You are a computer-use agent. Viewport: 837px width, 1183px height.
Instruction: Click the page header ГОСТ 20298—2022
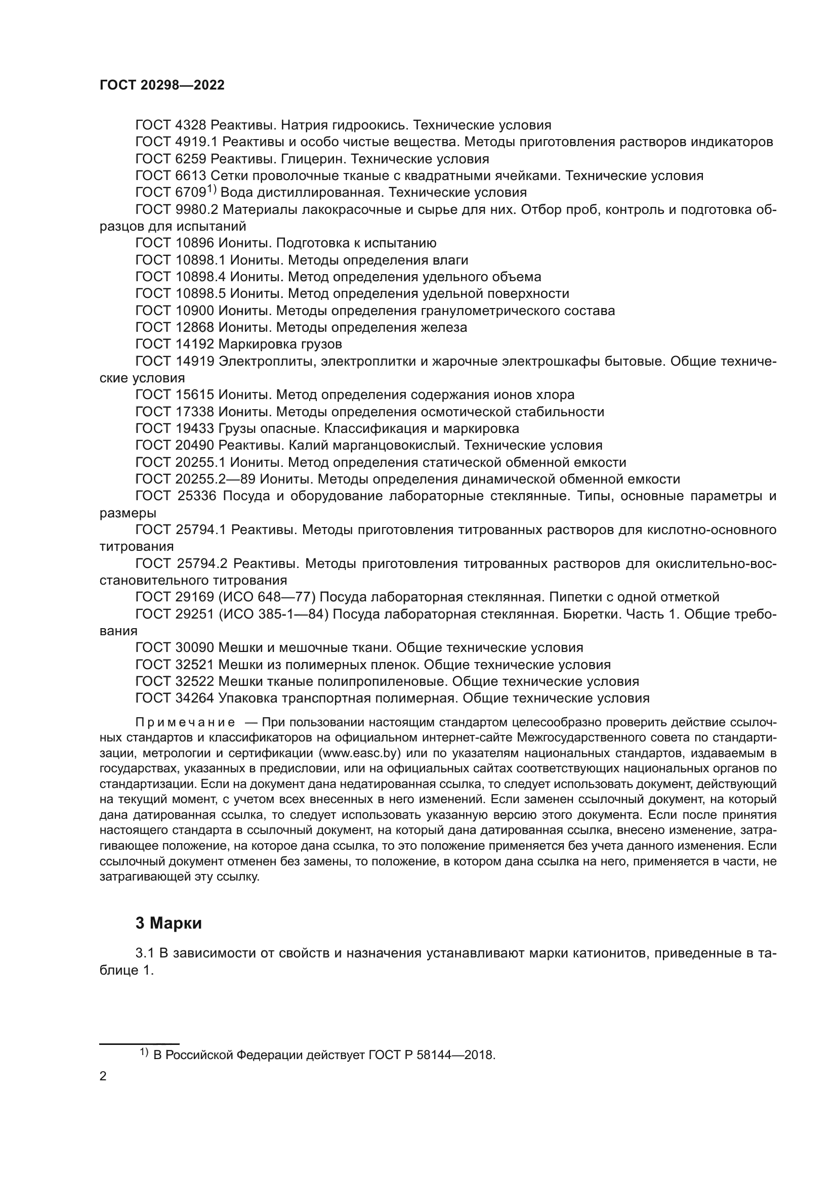(162, 85)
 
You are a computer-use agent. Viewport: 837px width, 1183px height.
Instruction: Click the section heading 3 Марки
(169, 924)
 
